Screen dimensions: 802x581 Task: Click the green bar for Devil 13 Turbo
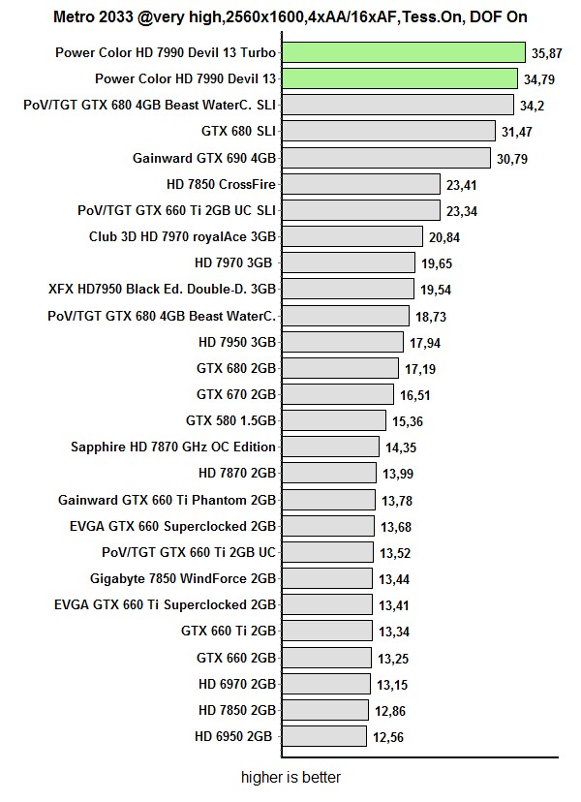(403, 52)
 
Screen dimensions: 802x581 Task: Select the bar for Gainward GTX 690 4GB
(385, 157)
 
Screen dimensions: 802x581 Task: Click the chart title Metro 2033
(290, 17)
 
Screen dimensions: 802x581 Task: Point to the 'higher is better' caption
(290, 777)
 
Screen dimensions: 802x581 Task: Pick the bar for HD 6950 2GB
(324, 736)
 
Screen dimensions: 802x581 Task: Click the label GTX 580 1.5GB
(230, 420)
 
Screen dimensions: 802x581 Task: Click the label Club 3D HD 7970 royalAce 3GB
(182, 235)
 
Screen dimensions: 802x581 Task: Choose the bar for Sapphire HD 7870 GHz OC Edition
(330, 447)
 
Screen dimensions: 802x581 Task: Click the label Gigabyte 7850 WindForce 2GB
(182, 578)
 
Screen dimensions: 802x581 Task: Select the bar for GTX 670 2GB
(338, 394)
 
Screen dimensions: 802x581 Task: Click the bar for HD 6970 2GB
(326, 684)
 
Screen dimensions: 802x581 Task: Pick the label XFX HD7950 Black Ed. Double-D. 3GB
(162, 289)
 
